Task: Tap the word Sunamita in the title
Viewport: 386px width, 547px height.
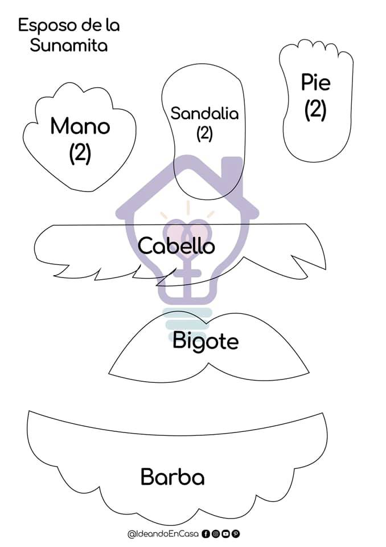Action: click(x=69, y=46)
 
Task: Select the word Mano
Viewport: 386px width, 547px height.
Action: click(x=80, y=126)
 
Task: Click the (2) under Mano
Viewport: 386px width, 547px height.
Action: click(x=80, y=153)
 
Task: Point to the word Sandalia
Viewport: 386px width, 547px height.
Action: click(x=204, y=113)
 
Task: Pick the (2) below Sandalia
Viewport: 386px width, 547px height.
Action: click(x=204, y=133)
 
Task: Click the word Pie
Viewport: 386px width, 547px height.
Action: click(x=316, y=83)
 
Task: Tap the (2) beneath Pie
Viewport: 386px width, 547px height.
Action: click(x=315, y=109)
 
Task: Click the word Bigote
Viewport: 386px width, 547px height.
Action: click(x=206, y=342)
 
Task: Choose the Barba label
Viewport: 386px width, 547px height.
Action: click(x=173, y=476)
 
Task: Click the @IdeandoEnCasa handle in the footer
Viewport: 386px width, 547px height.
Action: click(x=163, y=534)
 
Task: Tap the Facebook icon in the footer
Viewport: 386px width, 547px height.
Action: click(x=206, y=534)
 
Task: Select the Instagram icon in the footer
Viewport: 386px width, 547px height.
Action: click(x=216, y=534)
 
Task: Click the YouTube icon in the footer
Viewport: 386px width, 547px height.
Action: click(x=225, y=534)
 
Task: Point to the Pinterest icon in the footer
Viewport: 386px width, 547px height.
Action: click(x=235, y=534)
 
